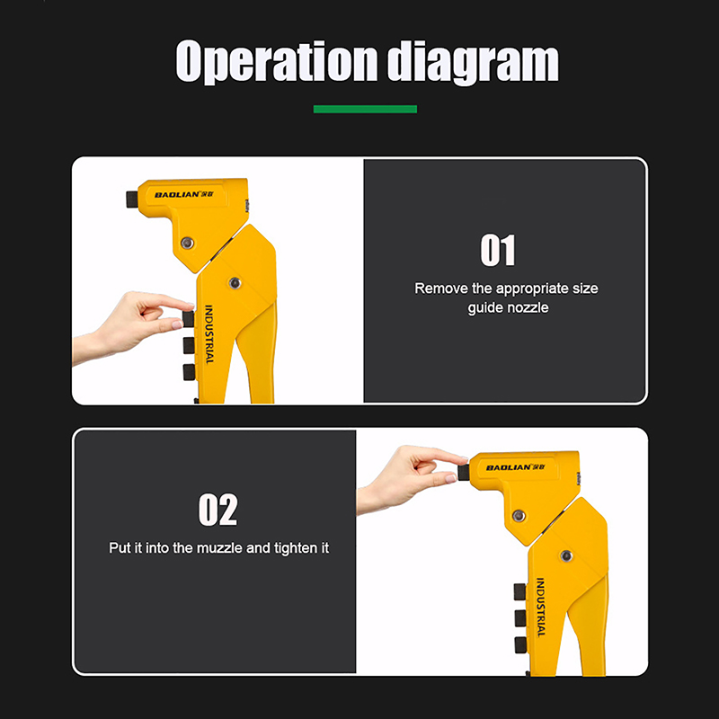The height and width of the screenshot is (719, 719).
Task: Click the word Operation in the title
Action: (277, 62)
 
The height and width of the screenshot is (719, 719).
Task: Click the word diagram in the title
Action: (473, 63)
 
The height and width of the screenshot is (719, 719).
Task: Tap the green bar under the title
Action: (365, 109)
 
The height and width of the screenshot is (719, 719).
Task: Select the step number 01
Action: (498, 250)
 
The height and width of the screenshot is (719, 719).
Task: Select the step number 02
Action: (217, 510)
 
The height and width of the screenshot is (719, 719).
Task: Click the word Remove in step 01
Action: (441, 288)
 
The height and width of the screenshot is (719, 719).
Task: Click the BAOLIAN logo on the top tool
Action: (184, 194)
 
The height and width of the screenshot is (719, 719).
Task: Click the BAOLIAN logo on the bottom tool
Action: (515, 467)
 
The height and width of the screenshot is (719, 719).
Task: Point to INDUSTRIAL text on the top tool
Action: (209, 334)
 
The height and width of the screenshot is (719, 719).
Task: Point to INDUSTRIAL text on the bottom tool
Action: (541, 608)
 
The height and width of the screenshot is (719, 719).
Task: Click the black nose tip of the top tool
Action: (132, 199)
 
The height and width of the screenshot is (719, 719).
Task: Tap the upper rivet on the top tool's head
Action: (187, 243)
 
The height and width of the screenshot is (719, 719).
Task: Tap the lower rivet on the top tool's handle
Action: (235, 283)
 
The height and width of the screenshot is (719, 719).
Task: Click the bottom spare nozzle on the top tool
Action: (189, 372)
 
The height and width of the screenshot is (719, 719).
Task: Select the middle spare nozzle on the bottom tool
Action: (520, 618)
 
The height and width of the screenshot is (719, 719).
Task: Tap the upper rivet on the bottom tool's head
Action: (519, 515)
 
